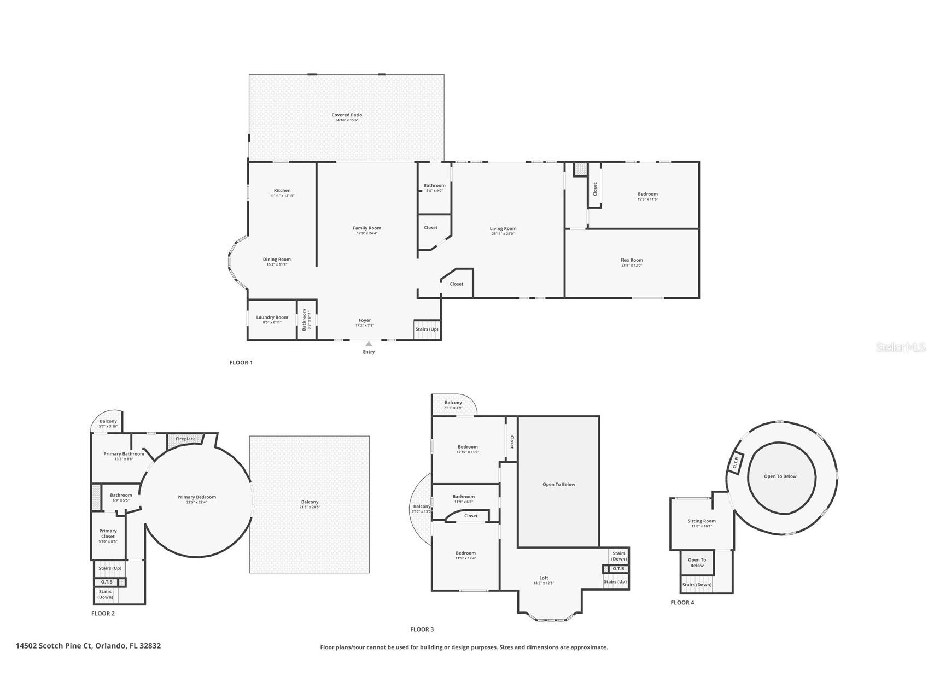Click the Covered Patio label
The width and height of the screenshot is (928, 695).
[x=347, y=115]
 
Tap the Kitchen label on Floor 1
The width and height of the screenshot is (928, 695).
[x=282, y=191]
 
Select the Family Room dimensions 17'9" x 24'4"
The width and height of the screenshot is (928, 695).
[x=367, y=233]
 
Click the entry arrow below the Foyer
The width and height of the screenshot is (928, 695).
[x=369, y=344]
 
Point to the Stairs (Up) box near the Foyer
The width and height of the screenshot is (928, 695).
[x=427, y=329]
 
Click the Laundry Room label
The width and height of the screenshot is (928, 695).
[x=272, y=317]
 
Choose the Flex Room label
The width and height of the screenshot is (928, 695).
[x=632, y=260]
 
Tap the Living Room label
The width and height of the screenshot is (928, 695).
[x=503, y=229]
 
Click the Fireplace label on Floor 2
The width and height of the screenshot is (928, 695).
[x=185, y=439]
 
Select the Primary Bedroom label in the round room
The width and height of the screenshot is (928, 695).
[x=196, y=497]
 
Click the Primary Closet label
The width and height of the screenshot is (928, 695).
[x=108, y=534]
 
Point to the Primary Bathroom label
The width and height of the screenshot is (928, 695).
[x=124, y=454]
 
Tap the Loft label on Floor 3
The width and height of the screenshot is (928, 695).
[x=544, y=578]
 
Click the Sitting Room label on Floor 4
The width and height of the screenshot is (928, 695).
[x=702, y=521]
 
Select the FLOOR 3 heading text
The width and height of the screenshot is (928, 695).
[x=422, y=629]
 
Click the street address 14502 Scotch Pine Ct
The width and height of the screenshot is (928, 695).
[x=88, y=646]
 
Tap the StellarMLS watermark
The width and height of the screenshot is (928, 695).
[x=901, y=347]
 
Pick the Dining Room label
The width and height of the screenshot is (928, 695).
[x=277, y=260]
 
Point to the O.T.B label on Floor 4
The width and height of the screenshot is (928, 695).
[x=736, y=462]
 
